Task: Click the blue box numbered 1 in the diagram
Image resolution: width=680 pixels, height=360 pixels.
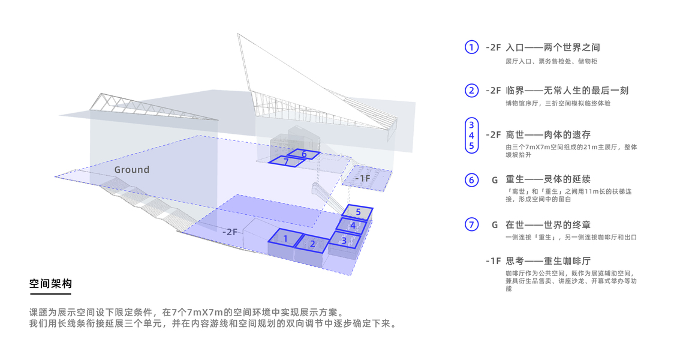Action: pos(285,238)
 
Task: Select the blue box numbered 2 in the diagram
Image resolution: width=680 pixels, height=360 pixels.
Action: pos(312,244)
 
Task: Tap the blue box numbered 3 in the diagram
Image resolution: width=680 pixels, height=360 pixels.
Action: pos(345,240)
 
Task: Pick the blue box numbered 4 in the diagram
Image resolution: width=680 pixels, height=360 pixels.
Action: pos(353,226)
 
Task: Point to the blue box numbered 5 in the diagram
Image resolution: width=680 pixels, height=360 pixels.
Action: pos(357,212)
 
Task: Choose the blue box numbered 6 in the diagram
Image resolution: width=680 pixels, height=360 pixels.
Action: pos(303,154)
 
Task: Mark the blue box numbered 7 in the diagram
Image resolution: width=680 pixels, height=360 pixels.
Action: pos(286,161)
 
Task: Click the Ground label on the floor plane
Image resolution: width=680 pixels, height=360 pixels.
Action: pos(132,170)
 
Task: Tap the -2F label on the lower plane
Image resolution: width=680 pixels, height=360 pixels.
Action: pos(230,232)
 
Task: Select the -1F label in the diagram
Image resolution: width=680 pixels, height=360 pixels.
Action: pos(363,178)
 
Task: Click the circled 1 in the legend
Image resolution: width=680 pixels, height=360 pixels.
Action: pos(471,47)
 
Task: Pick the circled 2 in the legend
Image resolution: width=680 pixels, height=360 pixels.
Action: pos(471,91)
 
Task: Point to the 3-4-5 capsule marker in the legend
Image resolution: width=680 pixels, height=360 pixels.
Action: pos(471,136)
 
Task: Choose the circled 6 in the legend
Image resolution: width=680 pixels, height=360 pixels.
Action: pos(471,180)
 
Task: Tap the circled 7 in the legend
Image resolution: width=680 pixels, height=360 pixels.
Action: pos(471,224)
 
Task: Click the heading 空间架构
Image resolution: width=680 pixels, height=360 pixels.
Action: pos(50,284)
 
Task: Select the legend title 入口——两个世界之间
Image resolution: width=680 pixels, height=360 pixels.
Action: pos(553,47)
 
